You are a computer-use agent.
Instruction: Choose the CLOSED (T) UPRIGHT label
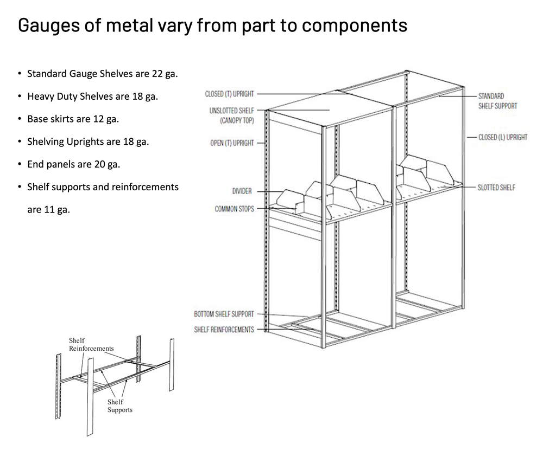pyautogui.click(x=229, y=94)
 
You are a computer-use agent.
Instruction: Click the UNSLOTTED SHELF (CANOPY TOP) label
pyautogui.click(x=231, y=115)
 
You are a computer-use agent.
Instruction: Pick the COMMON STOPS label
pyautogui.click(x=234, y=209)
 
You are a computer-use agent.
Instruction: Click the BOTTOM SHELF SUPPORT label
pyautogui.click(x=224, y=314)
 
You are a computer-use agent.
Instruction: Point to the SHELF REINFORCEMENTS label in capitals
pyautogui.click(x=224, y=330)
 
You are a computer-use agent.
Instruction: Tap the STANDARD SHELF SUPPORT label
pyautogui.click(x=497, y=101)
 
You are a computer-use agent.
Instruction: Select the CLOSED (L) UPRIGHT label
pyautogui.click(x=502, y=138)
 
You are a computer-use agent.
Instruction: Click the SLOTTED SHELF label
pyautogui.click(x=496, y=188)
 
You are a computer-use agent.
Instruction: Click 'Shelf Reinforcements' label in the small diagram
pyautogui.click(x=91, y=344)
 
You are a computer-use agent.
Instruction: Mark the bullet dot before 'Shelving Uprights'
pyautogui.click(x=20, y=141)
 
